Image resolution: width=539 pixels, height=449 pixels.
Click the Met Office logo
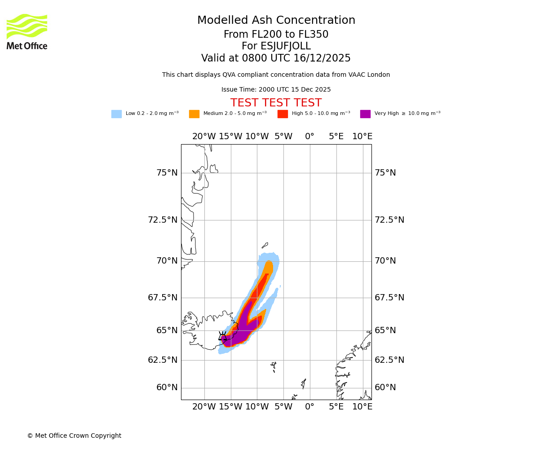(27, 31)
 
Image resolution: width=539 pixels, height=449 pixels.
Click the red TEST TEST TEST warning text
(276, 103)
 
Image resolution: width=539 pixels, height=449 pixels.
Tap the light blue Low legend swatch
(116, 114)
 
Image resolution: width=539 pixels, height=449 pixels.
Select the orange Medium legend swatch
(194, 114)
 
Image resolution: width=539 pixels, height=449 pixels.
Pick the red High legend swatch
(283, 114)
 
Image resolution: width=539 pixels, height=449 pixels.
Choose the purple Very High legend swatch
(365, 114)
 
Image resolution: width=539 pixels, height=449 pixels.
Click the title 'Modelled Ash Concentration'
(276, 20)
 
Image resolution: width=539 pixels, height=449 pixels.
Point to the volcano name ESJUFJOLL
(276, 46)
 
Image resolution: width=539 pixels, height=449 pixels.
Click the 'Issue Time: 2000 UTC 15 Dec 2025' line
(276, 89)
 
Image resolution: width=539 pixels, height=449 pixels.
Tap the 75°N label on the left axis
(167, 173)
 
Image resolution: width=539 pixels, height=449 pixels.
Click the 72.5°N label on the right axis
(389, 220)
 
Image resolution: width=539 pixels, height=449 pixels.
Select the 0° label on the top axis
(309, 136)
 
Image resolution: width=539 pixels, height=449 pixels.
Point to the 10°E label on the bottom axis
(362, 407)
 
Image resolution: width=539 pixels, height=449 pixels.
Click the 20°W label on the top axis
(204, 136)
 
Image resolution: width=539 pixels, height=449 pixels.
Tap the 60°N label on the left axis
(167, 387)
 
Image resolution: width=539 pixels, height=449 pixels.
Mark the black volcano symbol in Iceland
(222, 336)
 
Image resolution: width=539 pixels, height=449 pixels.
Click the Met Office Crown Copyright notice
(74, 436)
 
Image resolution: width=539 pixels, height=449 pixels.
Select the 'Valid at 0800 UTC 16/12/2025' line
(276, 58)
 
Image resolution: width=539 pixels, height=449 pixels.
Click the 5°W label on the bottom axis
(283, 407)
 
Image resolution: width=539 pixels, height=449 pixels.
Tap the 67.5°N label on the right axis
(389, 298)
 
